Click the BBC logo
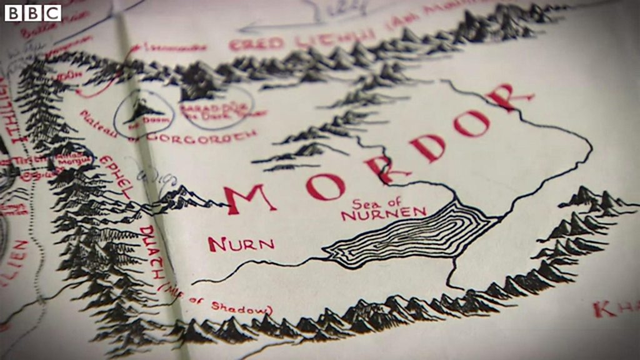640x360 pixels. (33, 12)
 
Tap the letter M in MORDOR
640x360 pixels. (249, 199)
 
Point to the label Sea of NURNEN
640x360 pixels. (382, 210)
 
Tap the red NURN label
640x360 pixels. (241, 243)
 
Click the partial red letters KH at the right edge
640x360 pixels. (615, 309)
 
